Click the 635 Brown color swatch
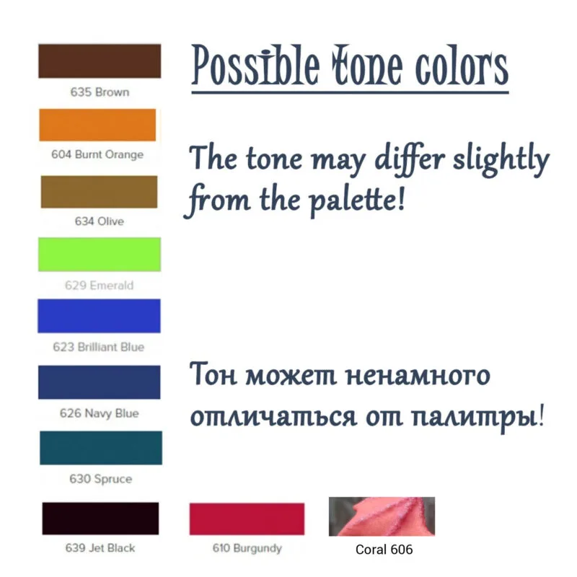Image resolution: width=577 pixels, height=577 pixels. (100, 61)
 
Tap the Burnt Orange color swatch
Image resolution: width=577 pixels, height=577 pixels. (97, 125)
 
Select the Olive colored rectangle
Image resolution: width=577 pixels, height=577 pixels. (99, 192)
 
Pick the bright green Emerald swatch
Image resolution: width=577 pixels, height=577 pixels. (100, 255)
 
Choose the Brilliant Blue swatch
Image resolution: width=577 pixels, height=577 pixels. (99, 316)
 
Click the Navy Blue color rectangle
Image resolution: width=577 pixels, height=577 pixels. (99, 382)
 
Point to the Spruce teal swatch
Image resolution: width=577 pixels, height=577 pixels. (101, 447)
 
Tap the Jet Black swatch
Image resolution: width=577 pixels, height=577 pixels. (100, 518)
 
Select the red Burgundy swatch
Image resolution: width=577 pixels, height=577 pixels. (247, 519)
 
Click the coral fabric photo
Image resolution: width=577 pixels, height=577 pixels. (382, 516)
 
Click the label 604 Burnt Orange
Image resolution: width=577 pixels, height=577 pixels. (97, 154)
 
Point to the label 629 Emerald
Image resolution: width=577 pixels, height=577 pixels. (99, 285)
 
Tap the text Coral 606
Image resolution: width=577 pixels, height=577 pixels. (384, 550)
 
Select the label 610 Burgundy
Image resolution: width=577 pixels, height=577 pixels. (247, 548)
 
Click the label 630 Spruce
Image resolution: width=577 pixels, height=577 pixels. (100, 479)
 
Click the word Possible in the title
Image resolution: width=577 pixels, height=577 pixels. (256, 66)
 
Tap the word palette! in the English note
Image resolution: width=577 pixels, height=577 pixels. (356, 201)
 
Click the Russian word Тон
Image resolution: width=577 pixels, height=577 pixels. (213, 374)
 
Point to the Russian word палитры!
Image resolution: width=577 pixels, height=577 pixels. (477, 418)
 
